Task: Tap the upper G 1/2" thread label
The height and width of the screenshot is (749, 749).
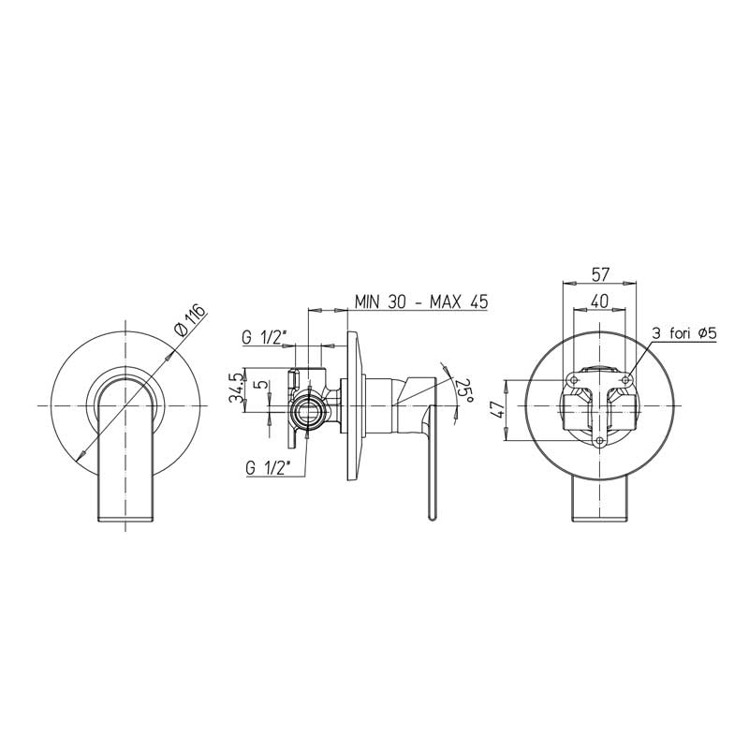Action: pos(264,337)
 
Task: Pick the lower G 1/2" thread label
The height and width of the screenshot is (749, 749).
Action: pos(269,468)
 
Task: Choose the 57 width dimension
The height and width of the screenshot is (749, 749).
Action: pos(600,274)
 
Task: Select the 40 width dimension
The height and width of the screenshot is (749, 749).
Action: pos(600,301)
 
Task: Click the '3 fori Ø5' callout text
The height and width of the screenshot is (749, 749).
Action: pos(685,333)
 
